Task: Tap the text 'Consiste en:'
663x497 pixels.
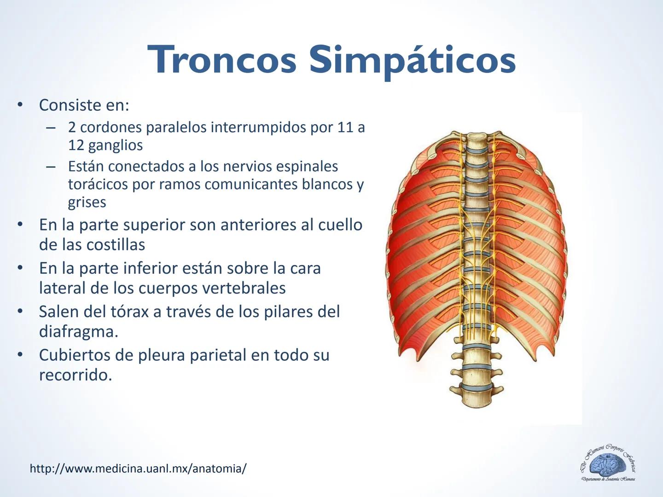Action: (84, 105)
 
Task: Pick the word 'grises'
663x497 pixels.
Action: (87, 202)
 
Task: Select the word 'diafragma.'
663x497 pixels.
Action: (78, 331)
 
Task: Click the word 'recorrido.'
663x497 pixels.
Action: (76, 375)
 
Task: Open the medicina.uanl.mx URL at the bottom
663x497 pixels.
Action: (138, 468)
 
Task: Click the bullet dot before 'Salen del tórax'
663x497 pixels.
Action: (20, 312)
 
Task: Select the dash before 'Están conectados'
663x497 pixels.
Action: (51, 167)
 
